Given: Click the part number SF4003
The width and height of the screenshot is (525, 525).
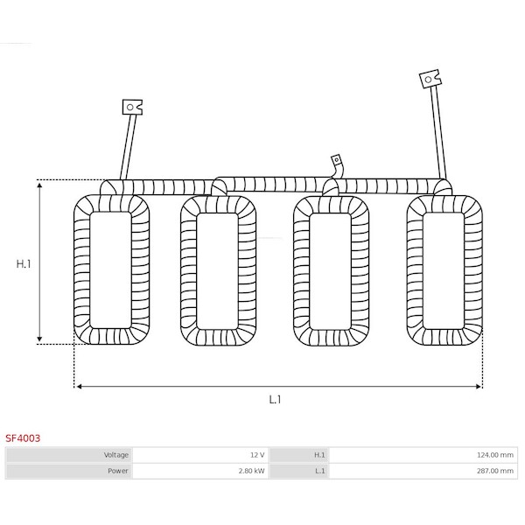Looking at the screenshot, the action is click(23, 438).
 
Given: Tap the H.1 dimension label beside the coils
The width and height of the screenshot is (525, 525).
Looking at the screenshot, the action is click(24, 264).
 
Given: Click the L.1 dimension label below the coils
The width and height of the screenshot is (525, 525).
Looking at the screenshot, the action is click(275, 400).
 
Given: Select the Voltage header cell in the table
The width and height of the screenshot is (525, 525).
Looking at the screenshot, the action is click(70, 455).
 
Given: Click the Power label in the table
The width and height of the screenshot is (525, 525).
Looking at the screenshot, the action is click(118, 471).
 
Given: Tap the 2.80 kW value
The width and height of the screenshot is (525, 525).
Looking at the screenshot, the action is click(251, 471).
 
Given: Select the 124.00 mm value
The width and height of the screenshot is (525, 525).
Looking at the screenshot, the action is click(495, 455).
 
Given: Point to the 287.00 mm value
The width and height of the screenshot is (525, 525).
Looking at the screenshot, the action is click(495, 471).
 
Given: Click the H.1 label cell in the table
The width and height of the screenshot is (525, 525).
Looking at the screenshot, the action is click(299, 455).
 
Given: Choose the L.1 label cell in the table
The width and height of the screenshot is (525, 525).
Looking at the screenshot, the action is click(299, 471).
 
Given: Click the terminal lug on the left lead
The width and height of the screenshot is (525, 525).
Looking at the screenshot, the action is click(132, 107).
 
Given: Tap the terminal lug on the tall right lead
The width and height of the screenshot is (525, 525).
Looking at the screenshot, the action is click(430, 79).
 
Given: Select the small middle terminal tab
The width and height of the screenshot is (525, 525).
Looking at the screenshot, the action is click(336, 160).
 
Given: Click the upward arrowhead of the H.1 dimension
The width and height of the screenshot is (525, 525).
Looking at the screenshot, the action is click(39, 185).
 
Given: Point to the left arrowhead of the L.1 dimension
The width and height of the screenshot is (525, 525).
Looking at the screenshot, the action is click(79, 387).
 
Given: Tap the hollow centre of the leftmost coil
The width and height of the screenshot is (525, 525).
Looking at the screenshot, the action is click(110, 269).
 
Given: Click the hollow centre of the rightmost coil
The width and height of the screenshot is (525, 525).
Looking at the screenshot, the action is click(444, 270).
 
